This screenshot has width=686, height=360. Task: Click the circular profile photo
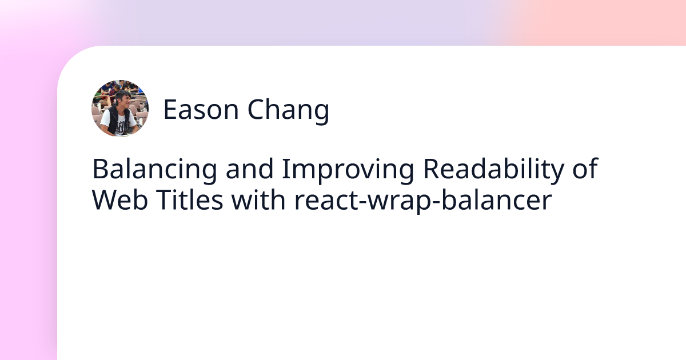120,109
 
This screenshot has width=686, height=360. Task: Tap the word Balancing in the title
154,170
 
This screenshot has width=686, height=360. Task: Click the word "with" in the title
258,200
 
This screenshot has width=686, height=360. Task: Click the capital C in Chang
254,110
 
